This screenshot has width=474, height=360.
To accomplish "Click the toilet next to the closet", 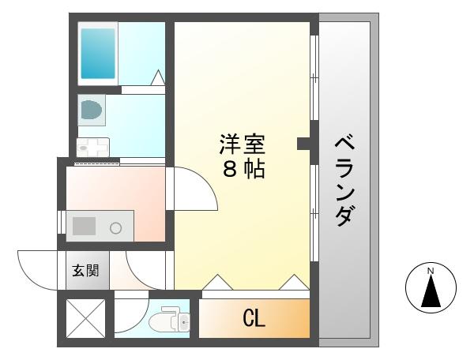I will (168, 321).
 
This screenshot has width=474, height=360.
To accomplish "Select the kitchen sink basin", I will (85, 227).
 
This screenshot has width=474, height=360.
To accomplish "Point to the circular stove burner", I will (116, 228).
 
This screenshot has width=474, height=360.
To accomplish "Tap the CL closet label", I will (253, 319).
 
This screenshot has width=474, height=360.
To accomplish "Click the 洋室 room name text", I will (243, 144).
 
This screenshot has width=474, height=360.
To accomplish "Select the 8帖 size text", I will (243, 169).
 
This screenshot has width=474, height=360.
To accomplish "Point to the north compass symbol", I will (431, 289).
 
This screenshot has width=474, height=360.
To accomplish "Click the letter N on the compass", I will (431, 272).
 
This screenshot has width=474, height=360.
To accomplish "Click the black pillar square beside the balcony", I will (303, 143).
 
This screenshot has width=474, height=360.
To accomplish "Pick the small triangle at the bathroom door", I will (157, 77).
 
